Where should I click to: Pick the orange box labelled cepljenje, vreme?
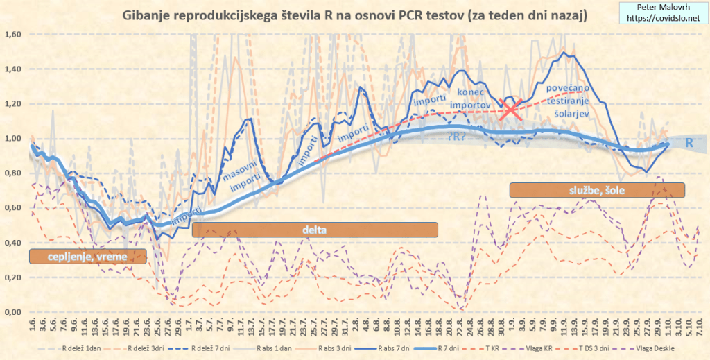[x=87, y=257]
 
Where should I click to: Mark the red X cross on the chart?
[x=512, y=109]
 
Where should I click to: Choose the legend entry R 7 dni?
[x=453, y=347]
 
